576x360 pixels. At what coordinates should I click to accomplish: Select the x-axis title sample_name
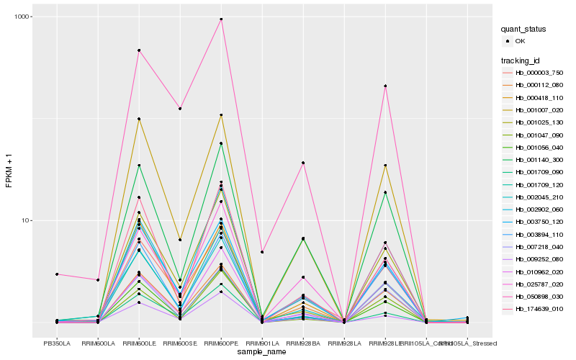click(263, 351)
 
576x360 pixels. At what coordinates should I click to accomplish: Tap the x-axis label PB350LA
click(57, 343)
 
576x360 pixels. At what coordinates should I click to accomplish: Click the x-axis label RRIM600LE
click(139, 343)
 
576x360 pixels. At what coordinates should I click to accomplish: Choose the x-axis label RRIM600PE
click(221, 343)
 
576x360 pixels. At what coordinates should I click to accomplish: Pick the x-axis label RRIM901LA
click(262, 343)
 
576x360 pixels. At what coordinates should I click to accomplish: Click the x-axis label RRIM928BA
click(303, 343)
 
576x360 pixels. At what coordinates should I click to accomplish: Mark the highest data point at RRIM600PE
click(221, 19)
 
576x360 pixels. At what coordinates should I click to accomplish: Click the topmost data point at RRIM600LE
click(139, 50)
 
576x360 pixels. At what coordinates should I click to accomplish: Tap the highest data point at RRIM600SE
click(180, 108)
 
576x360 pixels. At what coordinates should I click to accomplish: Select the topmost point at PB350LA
click(57, 274)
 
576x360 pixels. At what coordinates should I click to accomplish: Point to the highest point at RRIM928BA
click(303, 163)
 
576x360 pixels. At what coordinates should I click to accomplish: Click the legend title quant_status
click(523, 30)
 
